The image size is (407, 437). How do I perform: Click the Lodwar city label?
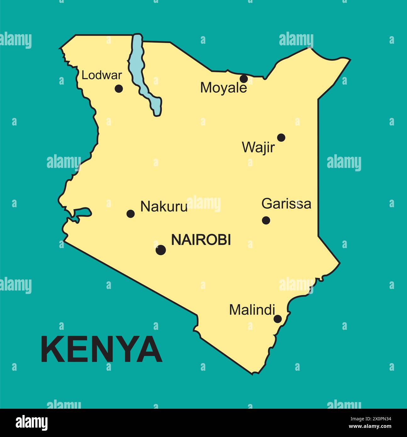[x=102, y=75]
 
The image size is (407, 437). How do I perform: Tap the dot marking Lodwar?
[x=119, y=89]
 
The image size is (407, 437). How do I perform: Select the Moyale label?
[x=223, y=88]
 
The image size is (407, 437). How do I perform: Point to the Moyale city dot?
[x=244, y=79]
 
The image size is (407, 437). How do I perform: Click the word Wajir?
[x=258, y=147]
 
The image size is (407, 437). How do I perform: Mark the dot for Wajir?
[x=281, y=137]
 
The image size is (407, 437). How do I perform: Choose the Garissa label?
[x=286, y=204]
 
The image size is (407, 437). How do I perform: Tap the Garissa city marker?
[x=266, y=220]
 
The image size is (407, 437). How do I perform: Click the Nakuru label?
[x=164, y=207]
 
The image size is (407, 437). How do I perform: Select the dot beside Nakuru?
[x=131, y=214]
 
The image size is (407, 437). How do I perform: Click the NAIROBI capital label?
[x=201, y=240]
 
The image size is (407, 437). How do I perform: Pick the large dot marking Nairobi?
[x=161, y=250]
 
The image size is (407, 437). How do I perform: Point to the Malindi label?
[x=252, y=310]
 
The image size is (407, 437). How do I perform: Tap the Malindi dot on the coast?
[x=277, y=319]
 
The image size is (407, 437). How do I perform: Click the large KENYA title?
[x=102, y=349]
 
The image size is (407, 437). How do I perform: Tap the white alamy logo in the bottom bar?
[x=31, y=423]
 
